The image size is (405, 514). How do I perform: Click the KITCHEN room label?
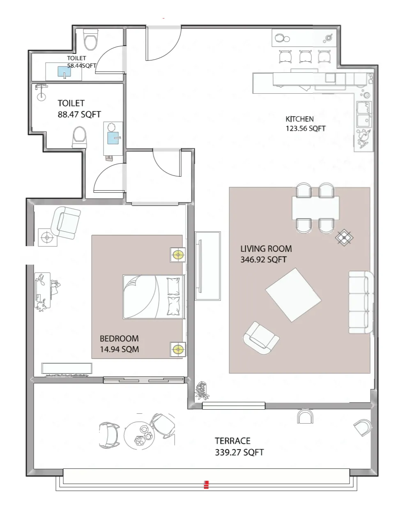(x=299, y=119)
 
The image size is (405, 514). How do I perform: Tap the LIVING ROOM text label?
(x=266, y=249)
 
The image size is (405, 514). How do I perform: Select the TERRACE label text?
(x=232, y=441)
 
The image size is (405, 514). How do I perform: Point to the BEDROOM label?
(x=119, y=339)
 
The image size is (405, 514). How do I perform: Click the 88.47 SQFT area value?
(x=79, y=115)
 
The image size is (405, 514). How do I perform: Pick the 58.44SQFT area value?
(x=82, y=65)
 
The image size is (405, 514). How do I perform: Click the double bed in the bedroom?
(x=153, y=297)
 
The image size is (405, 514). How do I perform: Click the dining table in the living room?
(x=315, y=208)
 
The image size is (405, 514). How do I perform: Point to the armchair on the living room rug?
(x=260, y=338)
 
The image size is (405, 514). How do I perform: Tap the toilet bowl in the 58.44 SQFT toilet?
(x=90, y=40)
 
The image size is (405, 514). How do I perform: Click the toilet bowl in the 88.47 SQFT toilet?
(x=79, y=137)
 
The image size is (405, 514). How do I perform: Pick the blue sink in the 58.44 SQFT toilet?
(x=64, y=72)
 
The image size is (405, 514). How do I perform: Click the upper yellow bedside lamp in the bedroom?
(x=178, y=255)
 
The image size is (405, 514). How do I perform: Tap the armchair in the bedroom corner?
(x=67, y=222)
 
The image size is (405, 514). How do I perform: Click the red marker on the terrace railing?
(x=206, y=485)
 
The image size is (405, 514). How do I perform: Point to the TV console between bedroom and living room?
(x=207, y=265)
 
